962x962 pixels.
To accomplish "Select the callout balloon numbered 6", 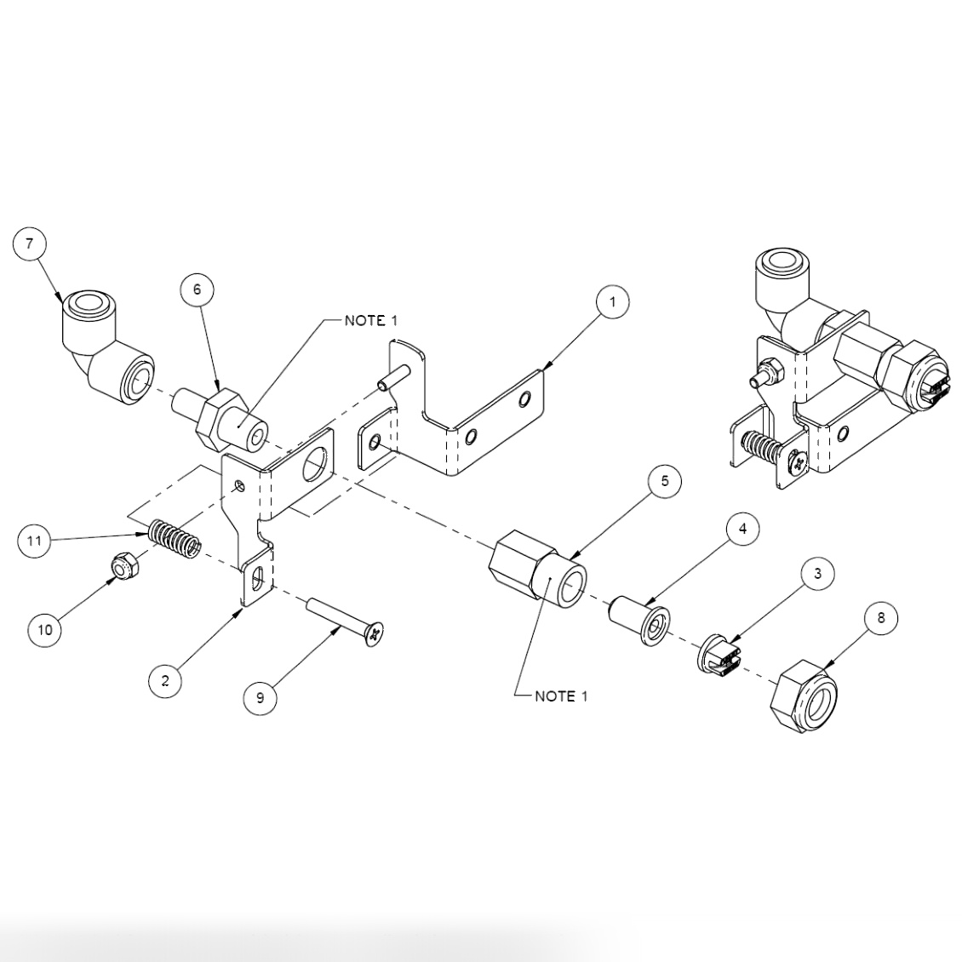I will pyautogui.click(x=198, y=289).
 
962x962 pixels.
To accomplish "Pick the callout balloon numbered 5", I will pyautogui.click(x=664, y=481).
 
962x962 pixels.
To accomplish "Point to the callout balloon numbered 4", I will pyautogui.click(x=742, y=529).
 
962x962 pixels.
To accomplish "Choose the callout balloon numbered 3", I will pyautogui.click(x=817, y=573).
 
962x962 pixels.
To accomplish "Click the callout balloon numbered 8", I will pyautogui.click(x=881, y=617).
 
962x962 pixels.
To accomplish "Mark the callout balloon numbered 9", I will pyautogui.click(x=261, y=697).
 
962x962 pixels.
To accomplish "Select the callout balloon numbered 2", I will pyautogui.click(x=165, y=680).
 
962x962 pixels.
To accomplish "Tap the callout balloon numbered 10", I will pyautogui.click(x=45, y=629).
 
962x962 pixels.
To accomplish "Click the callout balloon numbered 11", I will pyautogui.click(x=34, y=540).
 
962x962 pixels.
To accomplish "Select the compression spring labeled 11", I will pyautogui.click(x=175, y=538).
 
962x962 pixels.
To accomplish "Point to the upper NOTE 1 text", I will pyautogui.click(x=370, y=321).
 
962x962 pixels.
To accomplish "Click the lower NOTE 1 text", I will pyautogui.click(x=561, y=696).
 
